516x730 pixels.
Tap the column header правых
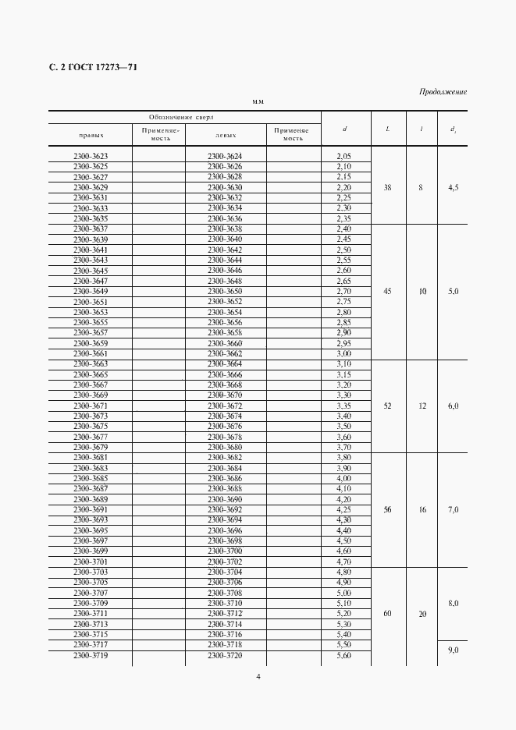pyautogui.click(x=91, y=134)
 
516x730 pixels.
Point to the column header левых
pyautogui.click(x=226, y=134)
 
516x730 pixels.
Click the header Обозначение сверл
pyautogui.click(x=184, y=116)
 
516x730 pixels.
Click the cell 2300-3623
pyautogui.click(x=91, y=156)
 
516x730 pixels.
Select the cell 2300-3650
pyautogui.click(x=226, y=291)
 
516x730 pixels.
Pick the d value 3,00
pyautogui.click(x=343, y=353)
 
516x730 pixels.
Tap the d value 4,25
pyautogui.click(x=343, y=509)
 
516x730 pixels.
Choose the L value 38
pyautogui.click(x=388, y=187)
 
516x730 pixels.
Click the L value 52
pyautogui.click(x=388, y=406)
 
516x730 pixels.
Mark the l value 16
pyautogui.click(x=422, y=509)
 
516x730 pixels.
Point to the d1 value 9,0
pyautogui.click(x=453, y=650)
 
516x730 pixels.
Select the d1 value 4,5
pyautogui.click(x=453, y=187)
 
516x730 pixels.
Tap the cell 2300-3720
pyautogui.click(x=226, y=655)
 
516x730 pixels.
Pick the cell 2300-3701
pyautogui.click(x=91, y=562)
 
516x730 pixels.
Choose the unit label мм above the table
pyautogui.click(x=258, y=102)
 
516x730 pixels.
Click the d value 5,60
pyautogui.click(x=343, y=655)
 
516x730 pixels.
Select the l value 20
pyautogui.click(x=422, y=614)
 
